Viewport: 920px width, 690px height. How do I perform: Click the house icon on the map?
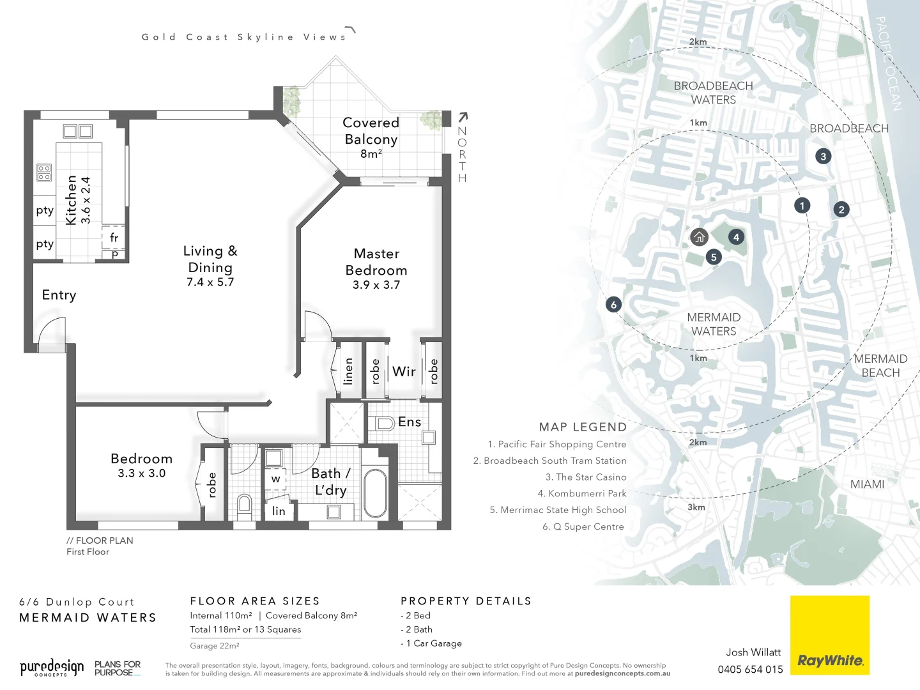[700, 237]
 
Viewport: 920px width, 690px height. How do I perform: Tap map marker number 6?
[613, 305]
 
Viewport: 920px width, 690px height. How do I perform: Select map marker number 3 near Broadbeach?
[823, 156]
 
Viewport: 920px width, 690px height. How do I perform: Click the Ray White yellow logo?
[829, 635]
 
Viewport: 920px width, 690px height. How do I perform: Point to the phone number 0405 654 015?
[750, 670]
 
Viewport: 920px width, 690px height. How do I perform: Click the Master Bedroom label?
[376, 263]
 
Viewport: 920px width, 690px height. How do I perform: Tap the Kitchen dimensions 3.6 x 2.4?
[86, 200]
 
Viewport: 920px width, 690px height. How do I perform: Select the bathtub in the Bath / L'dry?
[375, 494]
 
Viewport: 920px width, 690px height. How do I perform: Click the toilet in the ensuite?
[384, 423]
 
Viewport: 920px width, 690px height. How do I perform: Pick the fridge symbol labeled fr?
[114, 238]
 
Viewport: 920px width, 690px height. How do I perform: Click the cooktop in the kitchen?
[44, 172]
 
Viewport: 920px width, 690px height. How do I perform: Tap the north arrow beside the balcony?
[463, 117]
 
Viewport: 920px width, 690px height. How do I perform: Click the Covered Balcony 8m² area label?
[371, 137]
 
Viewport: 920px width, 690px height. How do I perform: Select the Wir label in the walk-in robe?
[404, 371]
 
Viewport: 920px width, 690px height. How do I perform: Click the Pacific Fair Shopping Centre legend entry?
[556, 444]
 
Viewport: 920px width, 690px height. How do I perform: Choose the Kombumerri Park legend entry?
[581, 493]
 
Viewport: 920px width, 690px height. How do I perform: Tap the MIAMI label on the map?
[867, 484]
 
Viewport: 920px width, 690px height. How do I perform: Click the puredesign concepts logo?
[51, 668]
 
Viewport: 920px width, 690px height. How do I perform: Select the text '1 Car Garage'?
[434, 643]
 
